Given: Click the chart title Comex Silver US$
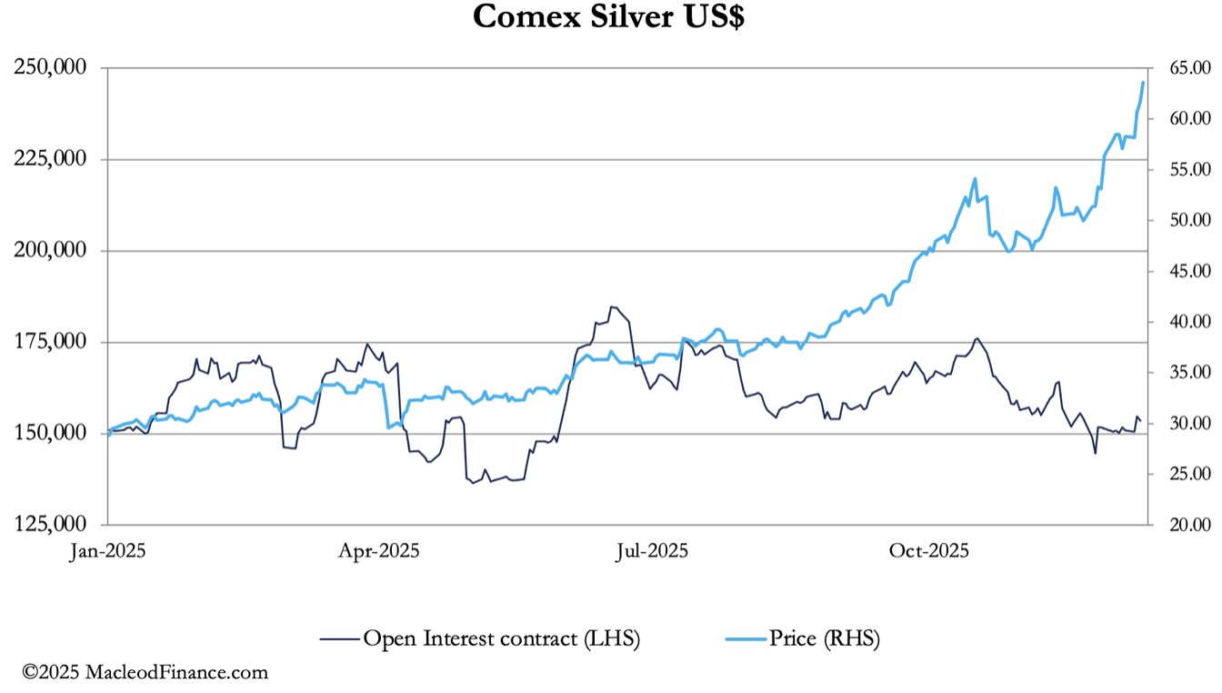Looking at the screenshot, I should [x=608, y=17].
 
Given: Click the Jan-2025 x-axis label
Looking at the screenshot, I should [x=109, y=550].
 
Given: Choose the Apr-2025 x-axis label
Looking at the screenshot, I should [x=379, y=550].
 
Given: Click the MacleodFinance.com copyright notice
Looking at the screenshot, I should [x=145, y=673].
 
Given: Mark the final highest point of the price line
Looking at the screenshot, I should [x=1143, y=82].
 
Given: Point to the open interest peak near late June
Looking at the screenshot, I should [x=614, y=306].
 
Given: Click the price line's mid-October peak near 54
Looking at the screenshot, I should [x=975, y=178].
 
